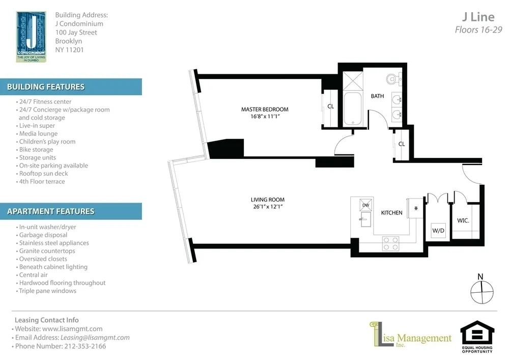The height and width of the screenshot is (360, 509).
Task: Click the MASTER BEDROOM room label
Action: [265, 109]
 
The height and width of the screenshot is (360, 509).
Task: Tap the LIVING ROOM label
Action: [268, 200]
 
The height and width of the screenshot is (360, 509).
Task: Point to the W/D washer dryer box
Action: [438, 230]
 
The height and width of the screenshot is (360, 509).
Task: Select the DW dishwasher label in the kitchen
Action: [365, 205]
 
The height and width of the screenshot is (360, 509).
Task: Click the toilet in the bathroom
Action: [392, 79]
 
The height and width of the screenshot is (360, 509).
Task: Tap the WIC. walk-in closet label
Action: [463, 220]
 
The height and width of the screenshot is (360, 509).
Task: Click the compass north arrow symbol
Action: [482, 291]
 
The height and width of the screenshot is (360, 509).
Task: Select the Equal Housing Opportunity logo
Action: [477, 337]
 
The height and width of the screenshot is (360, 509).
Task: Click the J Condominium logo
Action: [31, 37]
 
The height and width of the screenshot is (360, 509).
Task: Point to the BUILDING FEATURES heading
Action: [46, 87]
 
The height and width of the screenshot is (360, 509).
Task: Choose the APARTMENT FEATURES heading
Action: [50, 211]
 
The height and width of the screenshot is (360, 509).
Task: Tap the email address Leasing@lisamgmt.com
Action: [95, 337]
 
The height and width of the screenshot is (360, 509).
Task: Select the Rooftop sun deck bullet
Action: [43, 174]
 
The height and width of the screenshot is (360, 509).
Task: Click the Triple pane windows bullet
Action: [47, 291]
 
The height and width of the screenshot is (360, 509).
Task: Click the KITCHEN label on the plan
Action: [392, 213]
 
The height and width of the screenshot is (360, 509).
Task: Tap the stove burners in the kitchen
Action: [391, 243]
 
